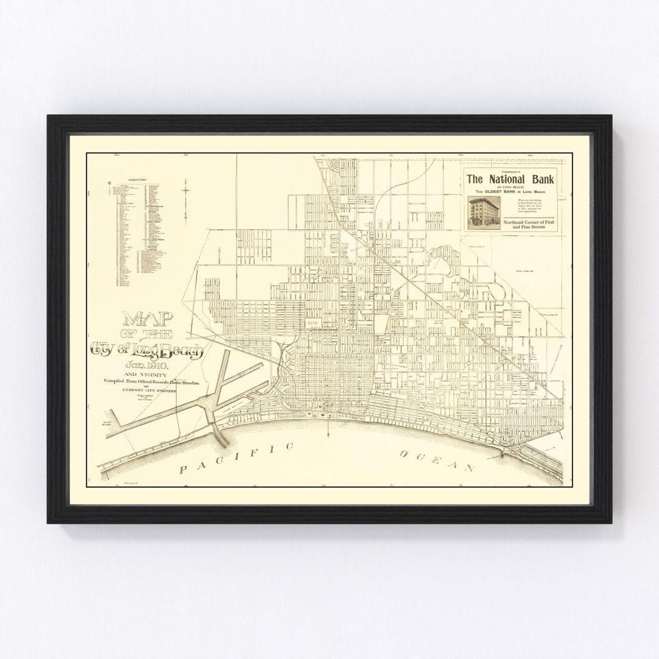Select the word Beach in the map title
point(177,350)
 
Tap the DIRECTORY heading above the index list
point(139,180)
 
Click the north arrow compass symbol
point(185,192)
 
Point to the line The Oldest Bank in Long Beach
point(510,192)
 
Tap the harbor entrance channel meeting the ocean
point(219,434)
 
